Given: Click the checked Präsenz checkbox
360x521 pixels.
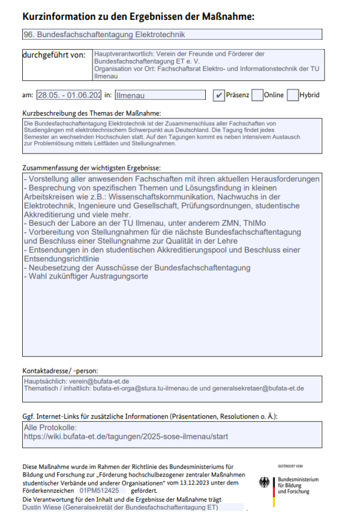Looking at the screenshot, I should (x=219, y=95).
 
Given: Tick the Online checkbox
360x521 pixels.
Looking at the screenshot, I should (x=257, y=95).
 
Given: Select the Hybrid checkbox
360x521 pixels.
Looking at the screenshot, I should (x=293, y=95).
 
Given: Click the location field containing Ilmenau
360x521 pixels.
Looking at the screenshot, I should (x=160, y=95).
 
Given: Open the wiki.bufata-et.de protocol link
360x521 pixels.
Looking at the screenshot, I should (x=126, y=436).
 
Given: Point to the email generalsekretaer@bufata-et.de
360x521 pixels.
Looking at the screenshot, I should (x=254, y=388).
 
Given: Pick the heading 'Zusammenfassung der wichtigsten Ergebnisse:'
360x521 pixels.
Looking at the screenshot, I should (x=92, y=168).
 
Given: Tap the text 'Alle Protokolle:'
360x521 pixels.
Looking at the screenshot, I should (x=51, y=427).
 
